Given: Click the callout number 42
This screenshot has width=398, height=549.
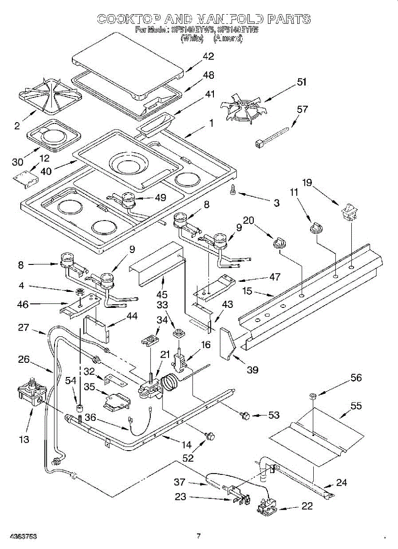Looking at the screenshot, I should (208, 56).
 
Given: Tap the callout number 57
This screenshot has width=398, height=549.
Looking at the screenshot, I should (302, 109).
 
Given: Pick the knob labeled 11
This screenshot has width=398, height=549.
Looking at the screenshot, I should (315, 226).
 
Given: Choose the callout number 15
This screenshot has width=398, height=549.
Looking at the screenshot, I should (260, 291).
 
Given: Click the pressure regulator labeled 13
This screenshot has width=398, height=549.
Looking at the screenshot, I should (32, 393).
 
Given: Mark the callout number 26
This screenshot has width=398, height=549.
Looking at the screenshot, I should (24, 360).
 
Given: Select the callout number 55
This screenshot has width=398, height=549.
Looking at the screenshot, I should (356, 405).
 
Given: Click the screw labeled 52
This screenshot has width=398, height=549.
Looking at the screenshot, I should (211, 436).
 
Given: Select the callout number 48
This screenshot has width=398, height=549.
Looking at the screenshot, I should (208, 75).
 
